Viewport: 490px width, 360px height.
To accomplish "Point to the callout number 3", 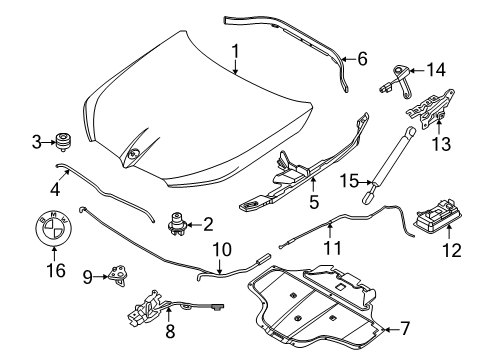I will [36, 142].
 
